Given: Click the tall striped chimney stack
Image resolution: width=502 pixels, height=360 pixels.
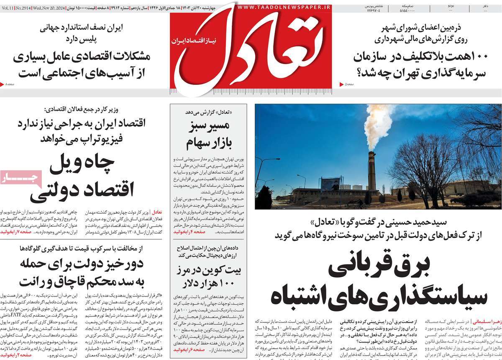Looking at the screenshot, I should pos(371,171).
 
